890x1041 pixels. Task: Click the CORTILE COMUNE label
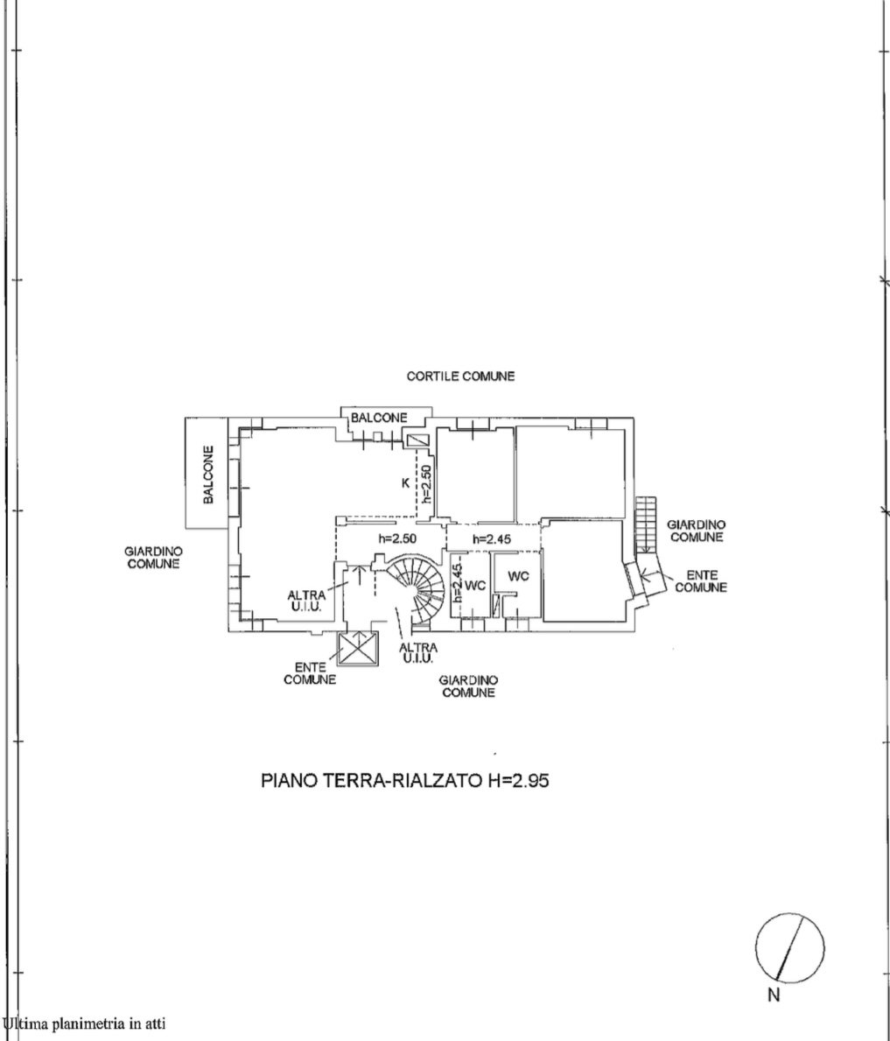pos(460,376)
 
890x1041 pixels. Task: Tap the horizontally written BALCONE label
pos(379,418)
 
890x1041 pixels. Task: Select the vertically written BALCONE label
pos(208,474)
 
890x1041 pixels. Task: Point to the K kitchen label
pos(405,483)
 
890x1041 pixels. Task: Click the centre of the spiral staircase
pos(416,589)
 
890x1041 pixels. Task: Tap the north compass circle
pos(789,947)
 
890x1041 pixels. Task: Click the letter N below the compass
pos(774,995)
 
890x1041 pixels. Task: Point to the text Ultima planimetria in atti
pos(84,1023)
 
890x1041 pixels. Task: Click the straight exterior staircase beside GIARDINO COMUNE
pos(645,525)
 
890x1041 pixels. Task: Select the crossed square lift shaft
pos(359,649)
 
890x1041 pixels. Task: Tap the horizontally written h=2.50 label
pos(397,538)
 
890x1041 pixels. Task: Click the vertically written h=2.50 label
pos(426,483)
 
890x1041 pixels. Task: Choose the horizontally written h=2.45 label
pos(492,539)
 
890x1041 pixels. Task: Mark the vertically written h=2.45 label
pos(457,584)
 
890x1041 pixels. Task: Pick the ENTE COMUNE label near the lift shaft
pos(310,674)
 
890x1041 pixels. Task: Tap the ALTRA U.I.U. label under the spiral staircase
pos(418,652)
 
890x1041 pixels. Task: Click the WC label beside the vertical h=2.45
pos(475,586)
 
